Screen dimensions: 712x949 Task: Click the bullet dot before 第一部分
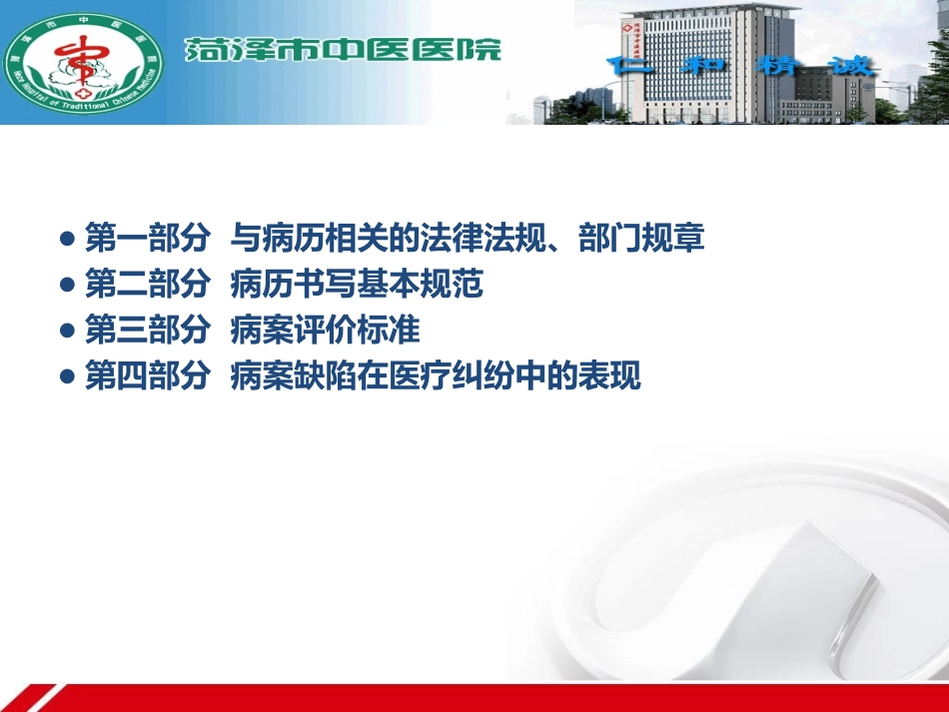pos(68,240)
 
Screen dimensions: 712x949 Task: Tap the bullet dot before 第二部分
pos(68,286)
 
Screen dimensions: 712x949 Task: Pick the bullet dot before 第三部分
pos(68,332)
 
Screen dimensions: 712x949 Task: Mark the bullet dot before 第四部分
pos(68,377)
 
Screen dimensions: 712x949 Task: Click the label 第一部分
pos(147,239)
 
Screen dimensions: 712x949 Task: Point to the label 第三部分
pos(147,331)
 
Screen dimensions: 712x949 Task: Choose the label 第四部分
pos(147,376)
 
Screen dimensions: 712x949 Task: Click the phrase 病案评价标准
pos(325,331)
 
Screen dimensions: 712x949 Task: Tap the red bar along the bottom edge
pos(499,697)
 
